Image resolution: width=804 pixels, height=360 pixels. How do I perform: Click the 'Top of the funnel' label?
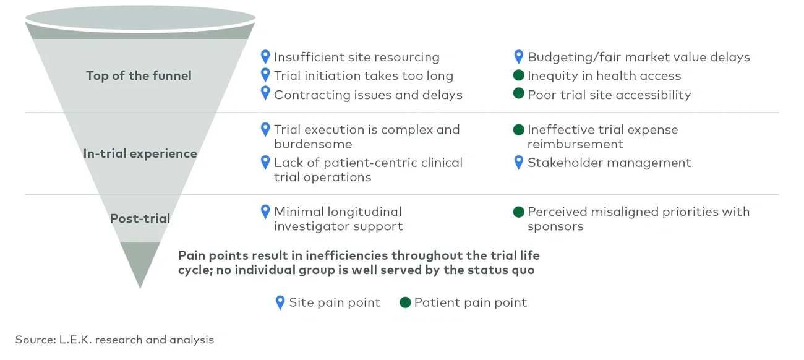[139, 76]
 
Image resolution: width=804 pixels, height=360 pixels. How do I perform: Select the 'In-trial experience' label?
[140, 154]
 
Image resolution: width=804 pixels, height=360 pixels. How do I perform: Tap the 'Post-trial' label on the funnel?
[140, 218]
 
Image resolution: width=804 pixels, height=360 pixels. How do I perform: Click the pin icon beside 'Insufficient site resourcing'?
[265, 57]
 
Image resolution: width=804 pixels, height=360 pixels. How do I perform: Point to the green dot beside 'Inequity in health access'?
[519, 76]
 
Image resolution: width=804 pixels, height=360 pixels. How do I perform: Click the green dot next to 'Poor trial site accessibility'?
[519, 95]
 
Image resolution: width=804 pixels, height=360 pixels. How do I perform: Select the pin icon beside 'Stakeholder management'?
[519, 162]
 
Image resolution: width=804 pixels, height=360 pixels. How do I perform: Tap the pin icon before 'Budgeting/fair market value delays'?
[519, 57]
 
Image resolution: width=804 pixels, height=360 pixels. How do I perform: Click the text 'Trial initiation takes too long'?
[363, 76]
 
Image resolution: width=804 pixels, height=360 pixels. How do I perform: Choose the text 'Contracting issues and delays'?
[368, 95]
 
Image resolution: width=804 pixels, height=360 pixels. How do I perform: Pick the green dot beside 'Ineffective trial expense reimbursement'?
[519, 130]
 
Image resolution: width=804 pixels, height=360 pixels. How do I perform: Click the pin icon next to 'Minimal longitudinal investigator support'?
[265, 211]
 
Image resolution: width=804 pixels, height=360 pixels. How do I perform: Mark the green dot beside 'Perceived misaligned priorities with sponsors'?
[519, 212]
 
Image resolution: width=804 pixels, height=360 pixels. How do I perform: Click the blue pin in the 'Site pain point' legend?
[280, 302]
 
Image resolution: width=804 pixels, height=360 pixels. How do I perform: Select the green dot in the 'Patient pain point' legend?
[405, 302]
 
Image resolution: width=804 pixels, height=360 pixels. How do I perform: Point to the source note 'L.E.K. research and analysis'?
[114, 340]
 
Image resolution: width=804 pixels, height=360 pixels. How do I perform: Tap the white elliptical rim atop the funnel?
[140, 19]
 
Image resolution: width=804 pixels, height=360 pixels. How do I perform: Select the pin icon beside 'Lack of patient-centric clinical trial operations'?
[265, 162]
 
